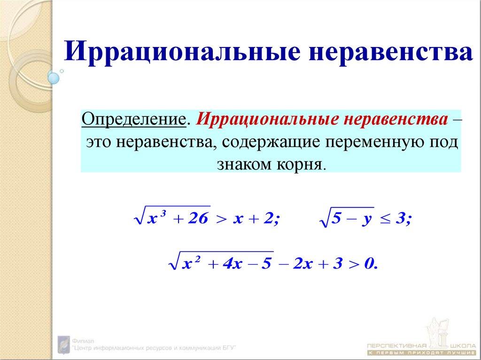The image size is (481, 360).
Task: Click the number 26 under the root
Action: coord(194,220)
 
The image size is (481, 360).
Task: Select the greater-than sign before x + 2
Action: coord(221,220)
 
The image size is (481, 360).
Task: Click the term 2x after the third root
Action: coord(301,264)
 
